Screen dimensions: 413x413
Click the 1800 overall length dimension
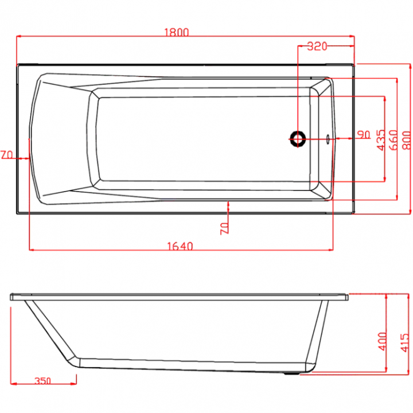click(177, 32)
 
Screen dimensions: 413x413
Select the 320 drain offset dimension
click(317, 46)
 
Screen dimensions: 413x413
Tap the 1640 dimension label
click(180, 246)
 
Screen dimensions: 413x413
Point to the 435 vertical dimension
click(381, 140)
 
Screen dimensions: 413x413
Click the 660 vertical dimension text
click(393, 140)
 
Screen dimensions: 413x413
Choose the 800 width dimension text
click(407, 140)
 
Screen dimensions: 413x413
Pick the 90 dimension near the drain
click(364, 134)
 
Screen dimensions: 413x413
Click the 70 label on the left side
click(7, 155)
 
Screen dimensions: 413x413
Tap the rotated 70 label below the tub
click(224, 228)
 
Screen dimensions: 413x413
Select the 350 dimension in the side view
click(43, 381)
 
